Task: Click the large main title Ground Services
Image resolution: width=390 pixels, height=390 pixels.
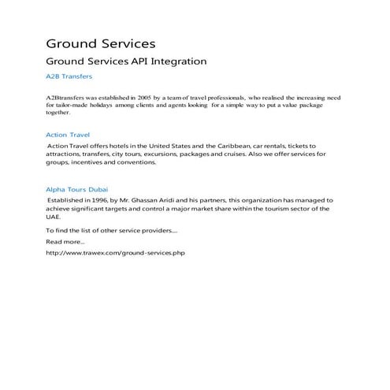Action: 100,43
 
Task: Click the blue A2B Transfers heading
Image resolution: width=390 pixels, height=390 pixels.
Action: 69,77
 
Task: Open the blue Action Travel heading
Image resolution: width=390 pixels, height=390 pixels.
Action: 68,135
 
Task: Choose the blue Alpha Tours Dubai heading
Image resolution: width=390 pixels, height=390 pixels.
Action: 77,190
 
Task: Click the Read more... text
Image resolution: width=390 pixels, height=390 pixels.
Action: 65,242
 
